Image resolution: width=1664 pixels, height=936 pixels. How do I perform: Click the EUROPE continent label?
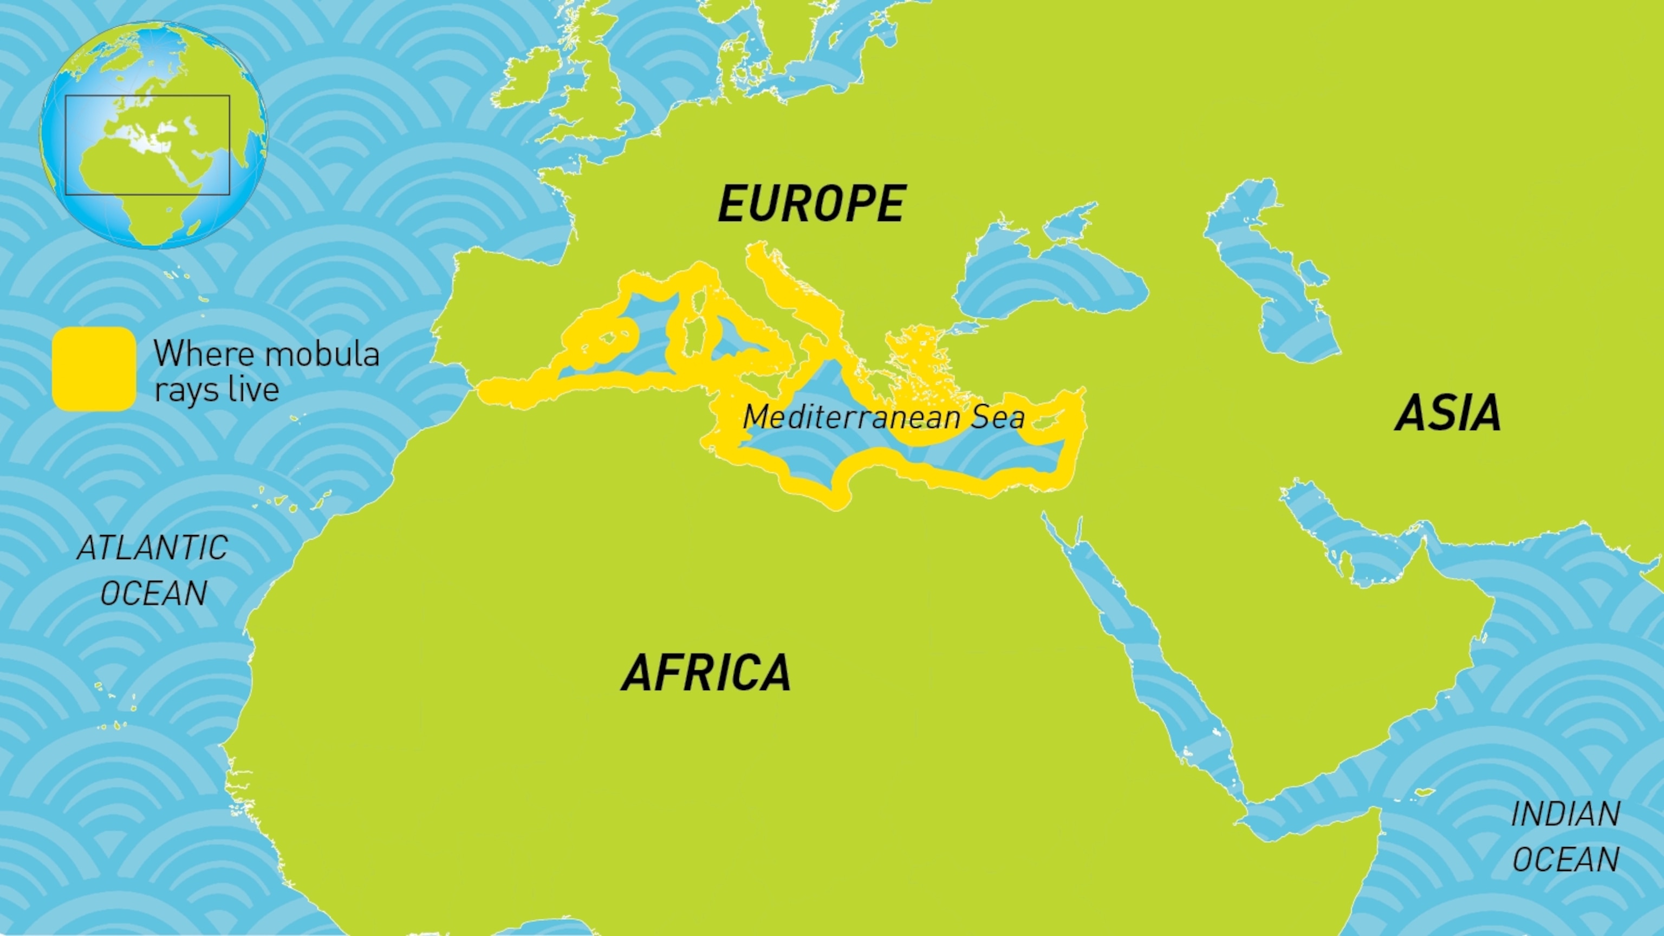click(812, 204)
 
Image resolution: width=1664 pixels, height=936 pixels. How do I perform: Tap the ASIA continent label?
click(1447, 413)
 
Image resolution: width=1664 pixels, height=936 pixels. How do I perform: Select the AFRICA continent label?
click(706, 672)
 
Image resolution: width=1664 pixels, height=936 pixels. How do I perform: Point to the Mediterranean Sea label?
click(883, 417)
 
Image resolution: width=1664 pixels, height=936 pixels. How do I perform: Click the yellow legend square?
click(94, 369)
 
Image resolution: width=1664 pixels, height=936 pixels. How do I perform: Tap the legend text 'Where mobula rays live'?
click(265, 372)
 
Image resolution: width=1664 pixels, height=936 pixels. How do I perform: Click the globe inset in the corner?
click(153, 135)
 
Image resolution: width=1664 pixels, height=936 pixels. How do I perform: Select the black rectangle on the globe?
click(147, 97)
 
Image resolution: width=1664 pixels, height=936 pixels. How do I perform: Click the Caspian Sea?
click(1282, 291)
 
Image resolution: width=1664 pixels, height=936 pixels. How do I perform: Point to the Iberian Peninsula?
click(517, 323)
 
